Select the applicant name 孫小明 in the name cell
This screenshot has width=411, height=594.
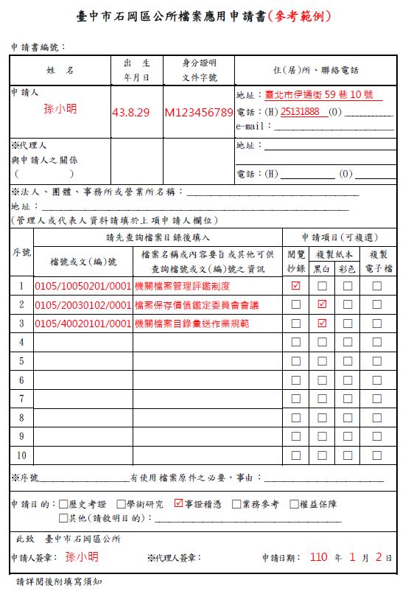pos(60,109)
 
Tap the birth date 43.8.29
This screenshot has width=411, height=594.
pos(131,113)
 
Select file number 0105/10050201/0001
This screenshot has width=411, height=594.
pos(82,286)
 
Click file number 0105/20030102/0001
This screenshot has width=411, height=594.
pos(82,304)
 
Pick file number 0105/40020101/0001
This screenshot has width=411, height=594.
pos(82,324)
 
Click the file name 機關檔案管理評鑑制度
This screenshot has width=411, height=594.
pos(182,286)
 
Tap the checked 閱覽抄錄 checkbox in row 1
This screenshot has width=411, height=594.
pos(296,286)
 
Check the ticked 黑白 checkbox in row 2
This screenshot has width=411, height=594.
pos(321,304)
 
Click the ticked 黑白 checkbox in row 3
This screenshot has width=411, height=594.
pos(321,324)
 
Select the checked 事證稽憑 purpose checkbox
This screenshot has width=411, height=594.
pos(178,504)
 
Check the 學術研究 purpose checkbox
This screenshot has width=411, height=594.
pos(122,504)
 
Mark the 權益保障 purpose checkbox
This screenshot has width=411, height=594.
pos(294,504)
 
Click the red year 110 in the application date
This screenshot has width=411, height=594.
pos(318,556)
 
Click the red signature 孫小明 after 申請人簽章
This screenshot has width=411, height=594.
pos(81,556)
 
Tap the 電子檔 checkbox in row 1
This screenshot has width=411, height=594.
pos(377,286)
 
